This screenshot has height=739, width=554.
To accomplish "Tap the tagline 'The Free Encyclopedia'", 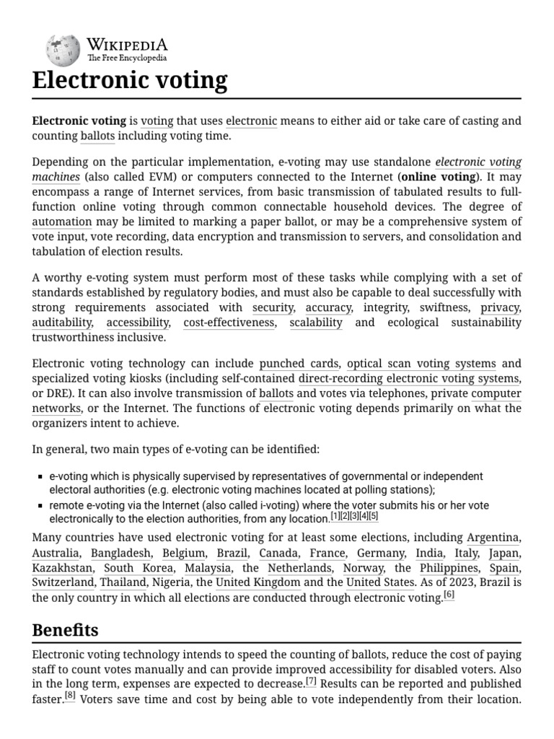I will pyautogui.click(x=127, y=58).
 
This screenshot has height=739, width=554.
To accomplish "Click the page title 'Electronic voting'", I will pyautogui.click(x=130, y=80).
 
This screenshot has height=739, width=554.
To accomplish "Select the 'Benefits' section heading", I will pyautogui.click(x=66, y=629).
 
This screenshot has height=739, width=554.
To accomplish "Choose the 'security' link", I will pyautogui.click(x=273, y=307).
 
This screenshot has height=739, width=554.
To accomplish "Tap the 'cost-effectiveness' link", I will pyautogui.click(x=229, y=323).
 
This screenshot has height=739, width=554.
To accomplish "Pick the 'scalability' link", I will pyautogui.click(x=316, y=323).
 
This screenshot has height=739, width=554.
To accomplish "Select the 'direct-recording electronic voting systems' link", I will pyautogui.click(x=408, y=378).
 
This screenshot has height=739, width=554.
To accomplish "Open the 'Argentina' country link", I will pyautogui.click(x=493, y=537).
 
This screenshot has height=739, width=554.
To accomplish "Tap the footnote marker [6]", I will pyautogui.click(x=449, y=595).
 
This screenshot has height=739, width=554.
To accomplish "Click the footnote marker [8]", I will pyautogui.click(x=70, y=696).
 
